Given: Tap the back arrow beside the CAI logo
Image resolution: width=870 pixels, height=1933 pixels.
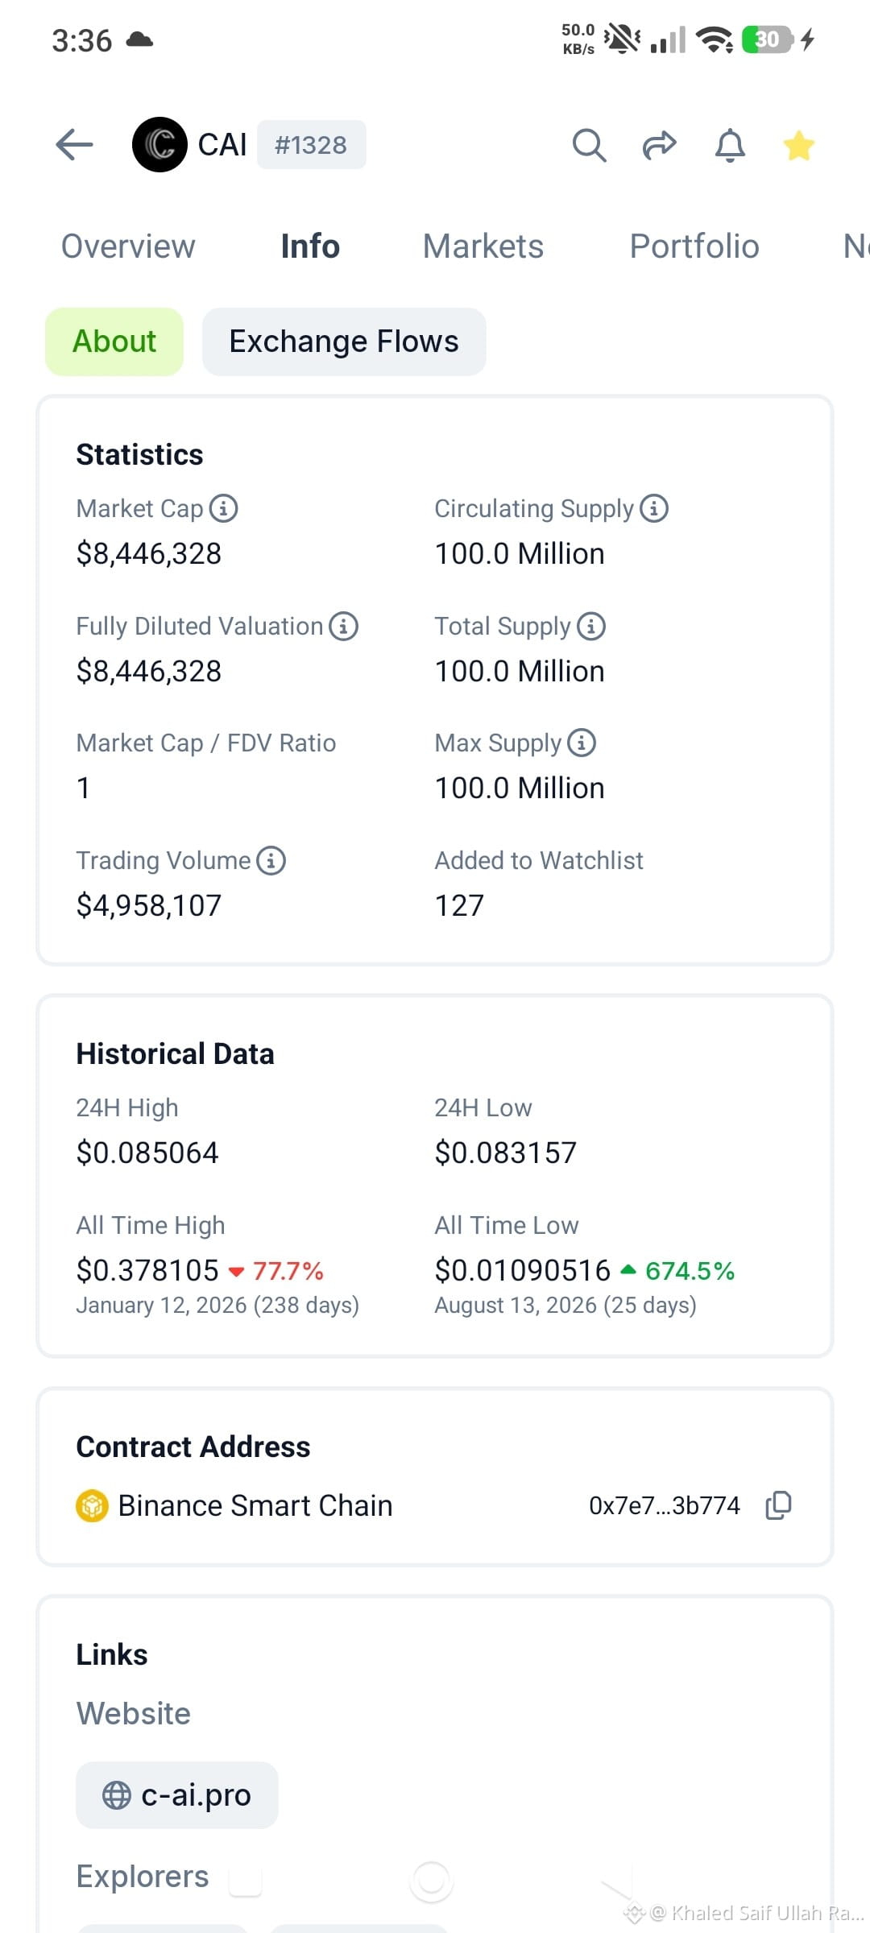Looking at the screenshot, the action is pyautogui.click(x=74, y=145).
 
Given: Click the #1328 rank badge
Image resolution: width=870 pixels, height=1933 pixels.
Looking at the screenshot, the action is pyautogui.click(x=311, y=145).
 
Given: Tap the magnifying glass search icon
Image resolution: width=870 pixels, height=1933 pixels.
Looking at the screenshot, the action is pyautogui.click(x=589, y=146).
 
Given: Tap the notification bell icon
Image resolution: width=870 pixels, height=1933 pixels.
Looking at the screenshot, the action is pyautogui.click(x=730, y=146).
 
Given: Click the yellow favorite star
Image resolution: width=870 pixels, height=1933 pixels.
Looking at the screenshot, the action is pyautogui.click(x=799, y=146).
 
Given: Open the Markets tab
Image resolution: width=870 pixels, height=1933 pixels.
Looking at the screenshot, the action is pyautogui.click(x=483, y=246).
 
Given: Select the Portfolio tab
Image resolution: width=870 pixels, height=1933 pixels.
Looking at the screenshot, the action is pyautogui.click(x=694, y=246).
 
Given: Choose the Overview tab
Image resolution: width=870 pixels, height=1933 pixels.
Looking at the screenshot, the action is pyautogui.click(x=128, y=246).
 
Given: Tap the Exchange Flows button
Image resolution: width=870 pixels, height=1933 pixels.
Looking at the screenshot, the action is pyautogui.click(x=344, y=341).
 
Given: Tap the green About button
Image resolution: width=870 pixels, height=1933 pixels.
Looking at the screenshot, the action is pyautogui.click(x=114, y=341).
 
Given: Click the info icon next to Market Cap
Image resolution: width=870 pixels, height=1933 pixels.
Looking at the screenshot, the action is pyautogui.click(x=223, y=508).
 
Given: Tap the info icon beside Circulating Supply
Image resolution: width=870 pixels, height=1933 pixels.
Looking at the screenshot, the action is pyautogui.click(x=654, y=508).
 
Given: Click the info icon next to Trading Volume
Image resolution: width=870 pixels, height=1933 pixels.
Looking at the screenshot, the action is pyautogui.click(x=271, y=860).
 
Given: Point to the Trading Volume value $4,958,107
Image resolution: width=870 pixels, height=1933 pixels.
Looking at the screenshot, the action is pyautogui.click(x=149, y=905).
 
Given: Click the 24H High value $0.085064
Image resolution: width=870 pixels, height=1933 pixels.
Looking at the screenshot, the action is pyautogui.click(x=147, y=1153).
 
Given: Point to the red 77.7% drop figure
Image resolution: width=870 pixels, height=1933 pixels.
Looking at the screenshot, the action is pyautogui.click(x=288, y=1271).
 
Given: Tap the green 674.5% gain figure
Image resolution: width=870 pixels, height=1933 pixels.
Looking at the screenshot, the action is pyautogui.click(x=690, y=1271).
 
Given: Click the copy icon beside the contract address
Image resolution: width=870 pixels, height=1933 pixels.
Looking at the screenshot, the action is pyautogui.click(x=778, y=1505).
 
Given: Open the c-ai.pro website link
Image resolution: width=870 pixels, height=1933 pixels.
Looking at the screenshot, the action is pyautogui.click(x=177, y=1795).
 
